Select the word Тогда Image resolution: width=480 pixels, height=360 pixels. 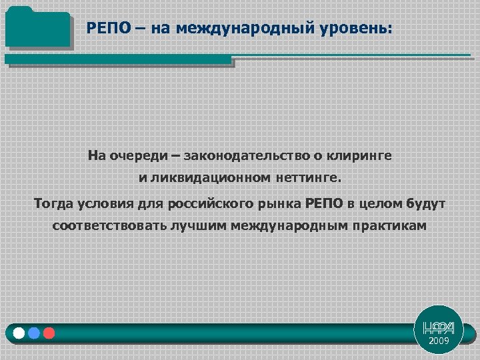tap(55, 203)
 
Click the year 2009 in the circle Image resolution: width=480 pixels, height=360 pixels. tap(439, 341)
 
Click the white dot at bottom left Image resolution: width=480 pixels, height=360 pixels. tap(19, 332)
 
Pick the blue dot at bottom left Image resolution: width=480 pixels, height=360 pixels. tap(34, 332)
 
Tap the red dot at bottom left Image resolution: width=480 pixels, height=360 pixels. tap(49, 332)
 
